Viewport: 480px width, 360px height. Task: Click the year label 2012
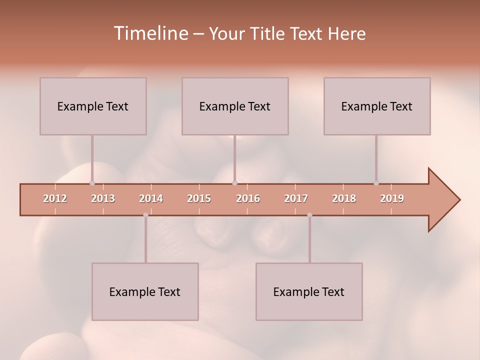(55, 198)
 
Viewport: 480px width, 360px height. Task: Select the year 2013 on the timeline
(103, 198)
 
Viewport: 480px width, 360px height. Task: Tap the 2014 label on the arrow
(151, 198)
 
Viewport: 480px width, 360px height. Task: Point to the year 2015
(199, 198)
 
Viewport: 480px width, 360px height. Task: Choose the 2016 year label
(248, 198)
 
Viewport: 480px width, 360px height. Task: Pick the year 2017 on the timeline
(296, 198)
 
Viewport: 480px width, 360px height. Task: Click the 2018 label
(344, 198)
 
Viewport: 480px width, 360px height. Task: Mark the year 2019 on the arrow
(392, 198)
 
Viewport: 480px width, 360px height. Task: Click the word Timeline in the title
(150, 33)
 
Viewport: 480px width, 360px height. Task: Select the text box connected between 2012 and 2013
(93, 106)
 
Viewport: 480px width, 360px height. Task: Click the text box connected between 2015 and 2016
(235, 106)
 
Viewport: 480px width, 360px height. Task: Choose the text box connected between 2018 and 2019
(377, 106)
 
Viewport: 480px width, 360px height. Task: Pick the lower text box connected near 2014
(145, 291)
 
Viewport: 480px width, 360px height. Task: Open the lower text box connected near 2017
(309, 291)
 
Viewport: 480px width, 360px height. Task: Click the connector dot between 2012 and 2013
(92, 183)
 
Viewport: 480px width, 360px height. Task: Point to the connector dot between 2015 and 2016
(235, 183)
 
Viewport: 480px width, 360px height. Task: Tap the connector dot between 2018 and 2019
(376, 183)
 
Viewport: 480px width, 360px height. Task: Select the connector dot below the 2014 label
(145, 215)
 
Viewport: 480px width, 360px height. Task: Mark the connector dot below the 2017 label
(309, 215)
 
